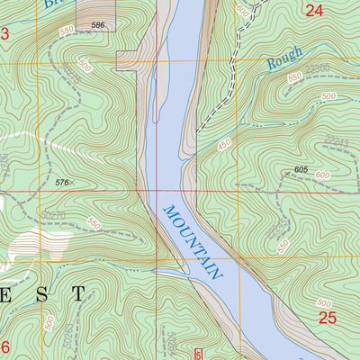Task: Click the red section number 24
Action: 313,11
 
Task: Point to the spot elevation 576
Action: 61,183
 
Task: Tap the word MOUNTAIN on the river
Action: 192,241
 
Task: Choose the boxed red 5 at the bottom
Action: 199,354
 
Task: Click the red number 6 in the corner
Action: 4,347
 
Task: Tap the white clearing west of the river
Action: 36,243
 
